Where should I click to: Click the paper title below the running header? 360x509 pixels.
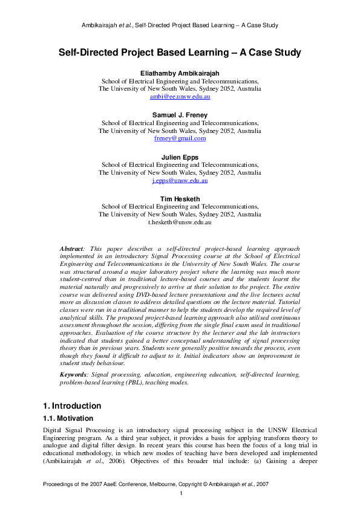(x=180, y=53)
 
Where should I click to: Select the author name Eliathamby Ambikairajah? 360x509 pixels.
(x=180, y=73)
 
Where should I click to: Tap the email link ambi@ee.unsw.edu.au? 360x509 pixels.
(x=180, y=96)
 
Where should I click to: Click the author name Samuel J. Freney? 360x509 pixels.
(x=180, y=115)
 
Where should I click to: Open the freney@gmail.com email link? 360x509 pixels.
(x=180, y=138)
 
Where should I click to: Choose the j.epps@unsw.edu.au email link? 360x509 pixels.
(x=180, y=180)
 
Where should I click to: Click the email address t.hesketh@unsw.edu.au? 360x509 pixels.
(x=180, y=222)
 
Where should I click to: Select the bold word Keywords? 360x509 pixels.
(x=74, y=375)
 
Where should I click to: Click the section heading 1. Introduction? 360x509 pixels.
(x=72, y=406)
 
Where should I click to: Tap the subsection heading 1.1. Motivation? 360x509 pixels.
(x=68, y=418)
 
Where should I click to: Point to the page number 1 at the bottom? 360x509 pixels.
(x=181, y=494)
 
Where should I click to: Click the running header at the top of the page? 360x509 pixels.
(x=180, y=25)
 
